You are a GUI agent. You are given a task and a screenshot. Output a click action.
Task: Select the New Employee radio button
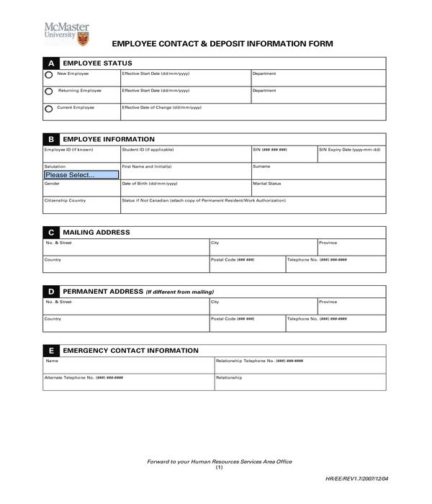coord(49,74)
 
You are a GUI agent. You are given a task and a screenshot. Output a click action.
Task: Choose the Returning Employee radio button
coord(49,91)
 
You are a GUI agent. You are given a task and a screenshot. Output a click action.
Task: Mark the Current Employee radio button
coord(49,109)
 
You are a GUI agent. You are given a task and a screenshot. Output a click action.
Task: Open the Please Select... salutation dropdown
coord(81,174)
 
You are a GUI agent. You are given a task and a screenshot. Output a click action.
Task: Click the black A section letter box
coord(50,63)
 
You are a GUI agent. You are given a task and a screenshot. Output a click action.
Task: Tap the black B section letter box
coord(50,139)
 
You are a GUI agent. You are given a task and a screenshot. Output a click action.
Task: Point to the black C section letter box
coord(50,233)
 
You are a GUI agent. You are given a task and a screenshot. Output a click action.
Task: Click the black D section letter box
coord(50,292)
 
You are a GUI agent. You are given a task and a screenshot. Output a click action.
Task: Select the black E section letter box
coord(50,351)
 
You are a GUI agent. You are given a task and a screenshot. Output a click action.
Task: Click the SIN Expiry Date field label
coord(351,150)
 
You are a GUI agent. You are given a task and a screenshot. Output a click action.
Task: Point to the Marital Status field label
coord(266,184)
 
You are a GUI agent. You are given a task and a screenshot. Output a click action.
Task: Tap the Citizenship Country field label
coord(65,200)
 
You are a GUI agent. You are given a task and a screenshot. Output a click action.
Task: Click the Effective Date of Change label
coord(161,107)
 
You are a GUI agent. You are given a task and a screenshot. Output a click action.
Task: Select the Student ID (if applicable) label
coord(148,150)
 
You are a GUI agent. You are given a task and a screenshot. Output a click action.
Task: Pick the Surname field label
coord(261,166)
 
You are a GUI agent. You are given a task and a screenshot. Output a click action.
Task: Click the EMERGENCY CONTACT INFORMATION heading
coord(130,351)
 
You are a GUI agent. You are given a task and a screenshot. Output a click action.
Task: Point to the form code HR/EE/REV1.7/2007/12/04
coord(356,477)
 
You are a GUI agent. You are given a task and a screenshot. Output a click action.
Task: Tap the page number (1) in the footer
coord(220,467)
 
